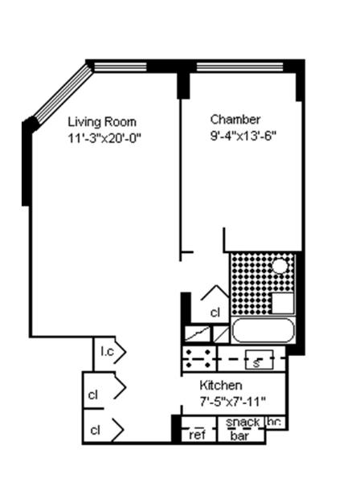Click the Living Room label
(102, 122)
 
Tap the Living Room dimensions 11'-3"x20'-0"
(104, 138)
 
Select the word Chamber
(235, 119)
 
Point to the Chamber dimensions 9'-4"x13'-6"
(243, 136)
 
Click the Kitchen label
(221, 385)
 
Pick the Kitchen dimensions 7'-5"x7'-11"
(232, 402)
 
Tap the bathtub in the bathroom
(263, 330)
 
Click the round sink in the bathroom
(280, 266)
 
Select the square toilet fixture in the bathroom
(283, 303)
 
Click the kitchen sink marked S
(259, 360)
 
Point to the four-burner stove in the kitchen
(199, 358)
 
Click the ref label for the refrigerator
(197, 435)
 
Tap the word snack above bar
(243, 422)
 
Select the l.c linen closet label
(108, 351)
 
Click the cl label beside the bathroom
(215, 312)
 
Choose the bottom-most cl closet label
(96, 430)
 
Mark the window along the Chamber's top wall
(239, 67)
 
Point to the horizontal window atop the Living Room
(120, 67)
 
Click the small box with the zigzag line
(198, 334)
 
